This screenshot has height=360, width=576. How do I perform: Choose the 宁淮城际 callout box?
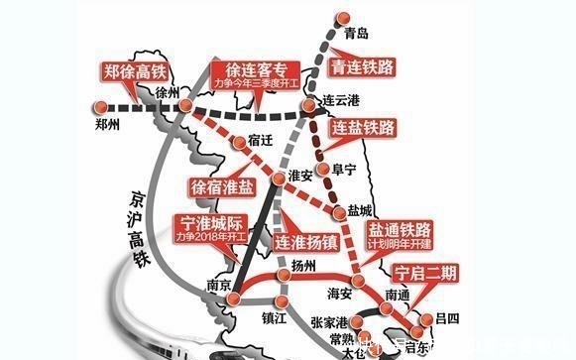210,227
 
